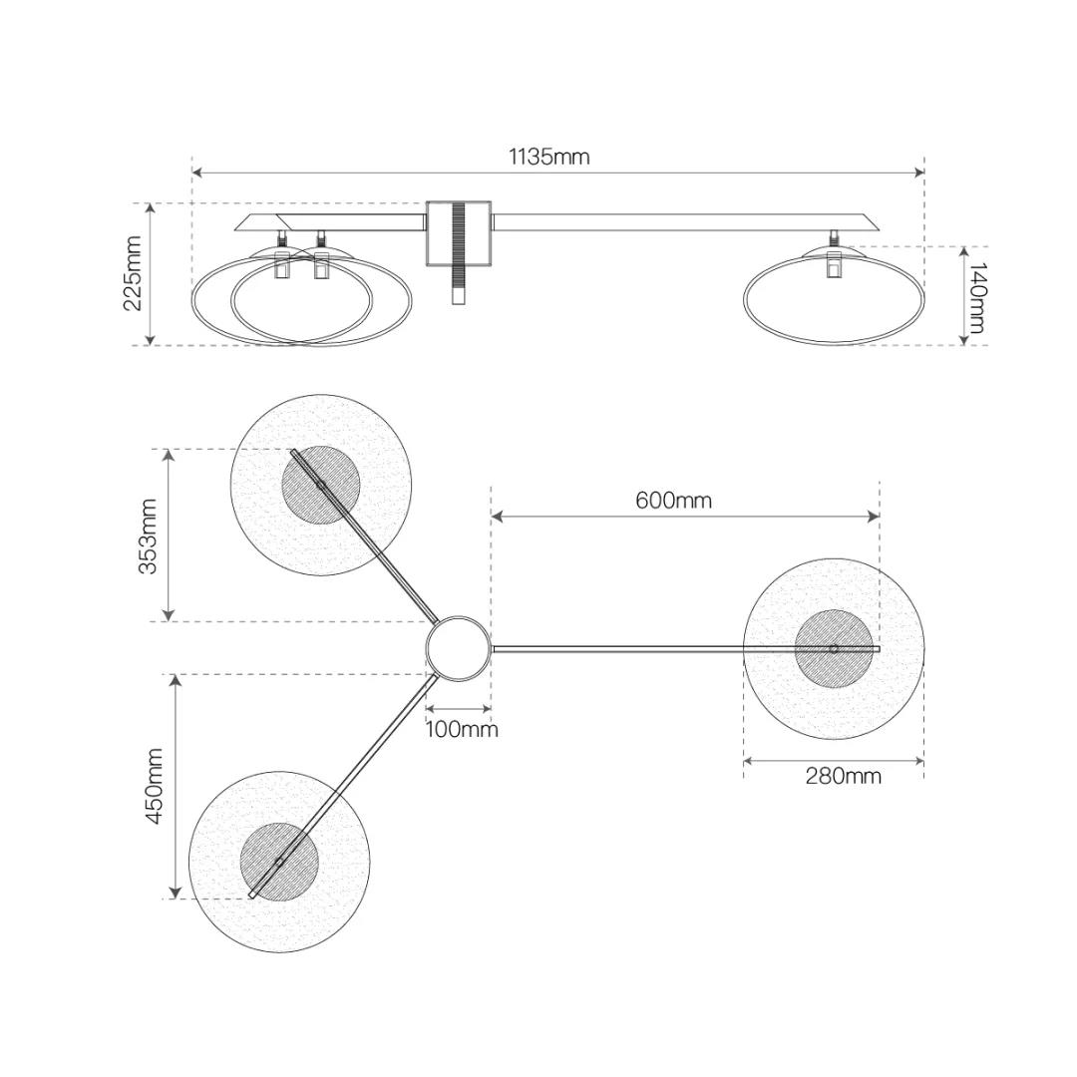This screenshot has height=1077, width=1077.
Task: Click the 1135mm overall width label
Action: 548,157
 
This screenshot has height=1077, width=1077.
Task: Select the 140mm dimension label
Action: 976,297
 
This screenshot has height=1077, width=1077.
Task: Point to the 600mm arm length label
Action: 673,500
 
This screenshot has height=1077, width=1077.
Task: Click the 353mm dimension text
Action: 148,536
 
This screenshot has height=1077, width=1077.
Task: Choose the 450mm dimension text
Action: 154,787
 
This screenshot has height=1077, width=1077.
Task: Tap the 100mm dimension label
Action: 462,729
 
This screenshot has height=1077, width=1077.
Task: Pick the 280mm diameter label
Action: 843,776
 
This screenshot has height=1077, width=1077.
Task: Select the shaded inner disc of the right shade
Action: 834,648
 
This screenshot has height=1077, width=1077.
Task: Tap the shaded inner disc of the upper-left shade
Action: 321,485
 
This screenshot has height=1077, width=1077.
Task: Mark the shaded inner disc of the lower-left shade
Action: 279,862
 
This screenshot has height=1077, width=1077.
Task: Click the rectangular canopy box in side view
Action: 458,233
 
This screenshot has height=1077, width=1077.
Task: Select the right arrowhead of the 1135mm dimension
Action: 919,172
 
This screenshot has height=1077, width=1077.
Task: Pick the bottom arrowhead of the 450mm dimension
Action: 176,893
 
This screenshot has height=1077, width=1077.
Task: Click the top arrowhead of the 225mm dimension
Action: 151,209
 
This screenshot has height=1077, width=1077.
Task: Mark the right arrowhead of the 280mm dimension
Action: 918,760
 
